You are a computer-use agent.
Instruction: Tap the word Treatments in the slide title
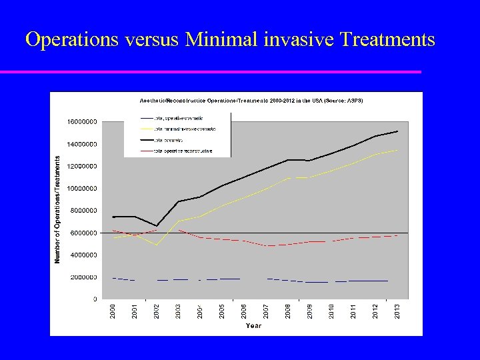(x=387, y=40)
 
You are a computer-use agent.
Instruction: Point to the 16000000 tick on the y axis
(x=81, y=122)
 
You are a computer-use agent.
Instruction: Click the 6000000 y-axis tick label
(x=83, y=233)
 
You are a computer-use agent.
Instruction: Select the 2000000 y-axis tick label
(x=83, y=277)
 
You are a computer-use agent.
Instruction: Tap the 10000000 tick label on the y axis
(x=81, y=189)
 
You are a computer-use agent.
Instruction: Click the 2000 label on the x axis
(x=113, y=310)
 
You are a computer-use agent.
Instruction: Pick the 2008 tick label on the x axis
(x=288, y=310)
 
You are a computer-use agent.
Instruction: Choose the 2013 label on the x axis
(x=397, y=310)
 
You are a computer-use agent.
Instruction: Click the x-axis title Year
(x=253, y=325)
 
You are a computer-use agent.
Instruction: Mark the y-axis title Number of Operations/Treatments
(x=58, y=209)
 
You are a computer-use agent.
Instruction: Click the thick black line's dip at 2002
(x=157, y=226)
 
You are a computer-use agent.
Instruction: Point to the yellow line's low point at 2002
(x=157, y=245)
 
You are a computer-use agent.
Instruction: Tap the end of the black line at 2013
(x=397, y=131)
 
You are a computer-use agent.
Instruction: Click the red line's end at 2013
(x=397, y=235)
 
